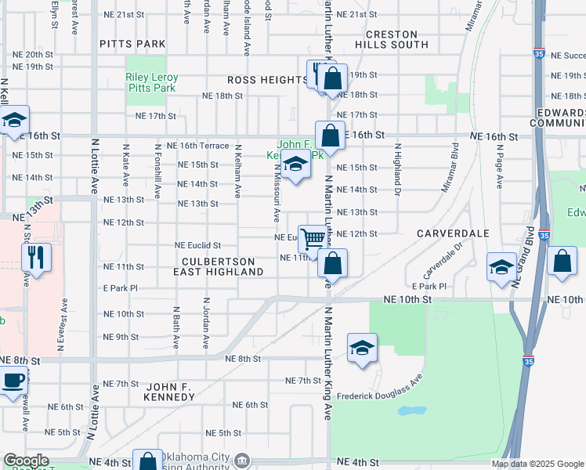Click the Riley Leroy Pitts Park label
tap(152, 84)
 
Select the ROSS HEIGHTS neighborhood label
tap(267, 80)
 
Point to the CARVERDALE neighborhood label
tap(453, 233)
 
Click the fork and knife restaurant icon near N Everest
tap(36, 257)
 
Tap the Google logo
tap(26, 461)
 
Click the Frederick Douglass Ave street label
tap(380, 387)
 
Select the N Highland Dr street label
tap(397, 168)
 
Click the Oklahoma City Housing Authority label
tap(196, 461)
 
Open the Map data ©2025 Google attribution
tap(537, 464)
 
